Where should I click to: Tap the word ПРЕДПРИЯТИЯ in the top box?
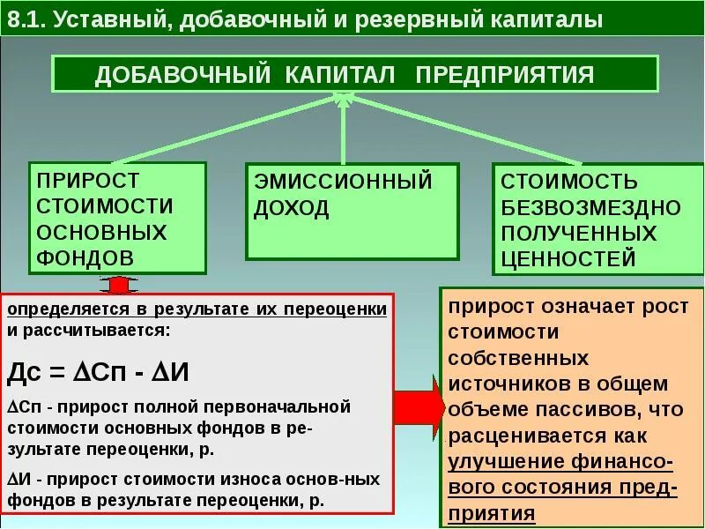click(505, 74)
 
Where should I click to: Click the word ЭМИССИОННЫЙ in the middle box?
click(344, 183)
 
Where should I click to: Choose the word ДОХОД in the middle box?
click(292, 209)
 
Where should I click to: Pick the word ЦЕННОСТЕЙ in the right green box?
click(568, 258)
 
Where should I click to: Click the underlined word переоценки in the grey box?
click(345, 309)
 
